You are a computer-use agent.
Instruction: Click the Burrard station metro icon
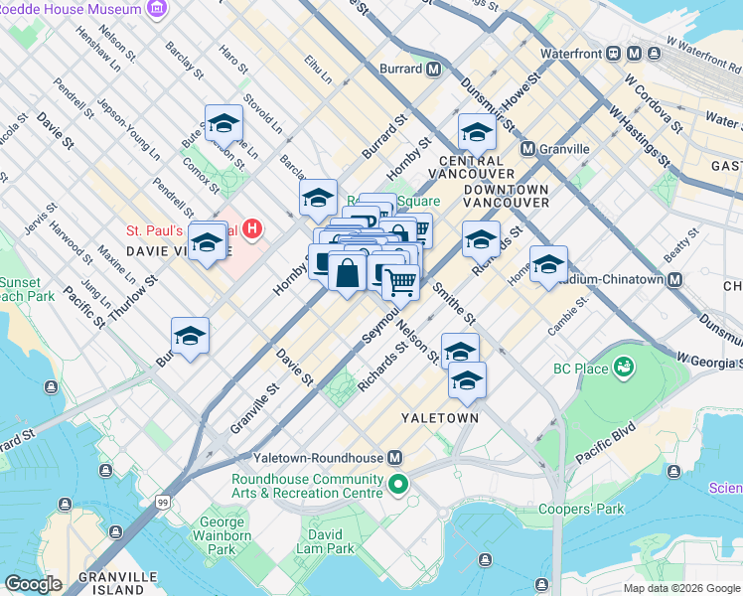(433, 70)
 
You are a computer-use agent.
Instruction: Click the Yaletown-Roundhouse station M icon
(394, 458)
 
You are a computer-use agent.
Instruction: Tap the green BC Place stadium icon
(624, 369)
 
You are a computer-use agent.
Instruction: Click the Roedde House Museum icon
(156, 9)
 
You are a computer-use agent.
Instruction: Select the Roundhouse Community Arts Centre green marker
(398, 485)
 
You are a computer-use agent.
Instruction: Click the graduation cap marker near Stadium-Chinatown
(548, 264)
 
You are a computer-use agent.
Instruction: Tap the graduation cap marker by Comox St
(224, 124)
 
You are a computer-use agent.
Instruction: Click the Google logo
(33, 584)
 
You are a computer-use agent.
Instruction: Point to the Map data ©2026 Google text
(680, 588)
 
